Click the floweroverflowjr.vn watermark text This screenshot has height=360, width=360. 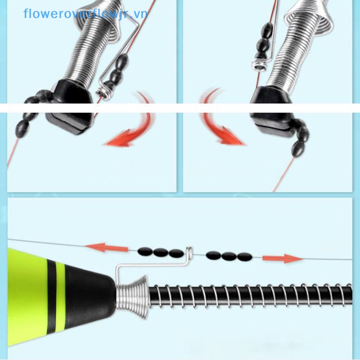85,13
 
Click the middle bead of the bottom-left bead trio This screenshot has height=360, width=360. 161,252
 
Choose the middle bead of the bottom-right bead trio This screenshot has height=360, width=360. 229,256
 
